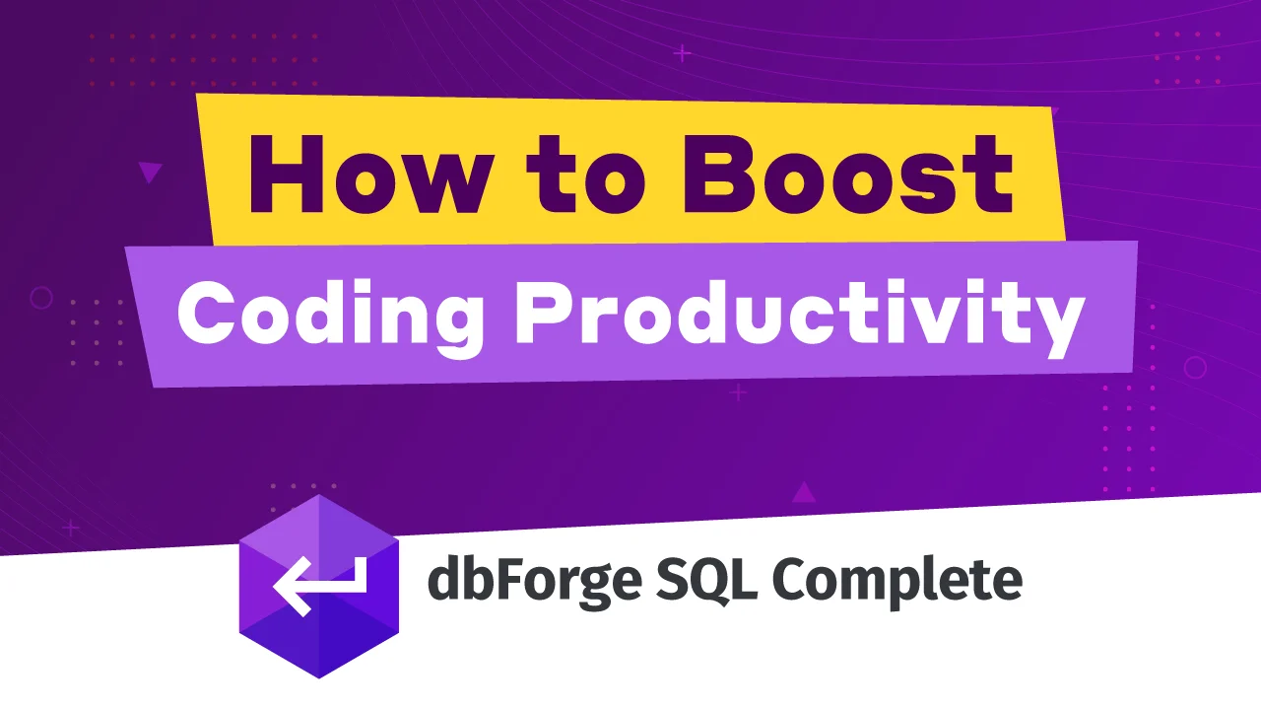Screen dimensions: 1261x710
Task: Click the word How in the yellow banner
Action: tap(368, 175)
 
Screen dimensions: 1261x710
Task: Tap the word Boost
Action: tap(848, 175)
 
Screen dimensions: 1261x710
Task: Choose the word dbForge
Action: tap(535, 582)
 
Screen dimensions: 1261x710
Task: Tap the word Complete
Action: tap(897, 582)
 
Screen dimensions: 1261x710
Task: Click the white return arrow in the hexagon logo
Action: tap(320, 586)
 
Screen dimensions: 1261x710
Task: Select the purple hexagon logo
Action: tap(319, 586)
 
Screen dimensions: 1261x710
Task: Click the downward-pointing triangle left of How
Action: tap(150, 172)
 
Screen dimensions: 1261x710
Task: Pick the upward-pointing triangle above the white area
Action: tap(804, 492)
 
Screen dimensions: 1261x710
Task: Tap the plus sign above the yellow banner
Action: tap(683, 54)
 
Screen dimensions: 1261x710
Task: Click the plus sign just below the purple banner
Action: tap(738, 392)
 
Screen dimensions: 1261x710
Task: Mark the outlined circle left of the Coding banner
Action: tap(41, 298)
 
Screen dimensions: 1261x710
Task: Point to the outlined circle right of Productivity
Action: tap(1195, 368)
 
